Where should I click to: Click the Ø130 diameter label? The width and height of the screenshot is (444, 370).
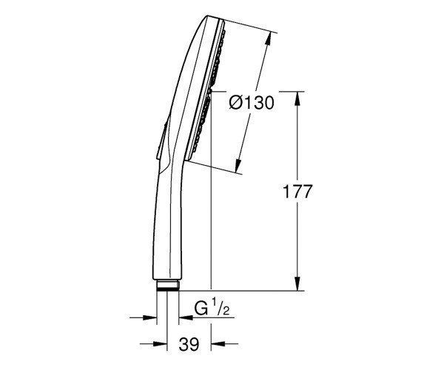(252, 102)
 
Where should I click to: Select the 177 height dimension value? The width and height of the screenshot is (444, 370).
(297, 192)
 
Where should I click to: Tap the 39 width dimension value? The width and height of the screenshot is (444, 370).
(189, 345)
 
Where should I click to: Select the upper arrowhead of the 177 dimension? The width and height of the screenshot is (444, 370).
(297, 98)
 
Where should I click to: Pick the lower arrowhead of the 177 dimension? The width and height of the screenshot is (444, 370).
(297, 283)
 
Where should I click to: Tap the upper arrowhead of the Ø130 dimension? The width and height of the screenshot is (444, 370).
(268, 38)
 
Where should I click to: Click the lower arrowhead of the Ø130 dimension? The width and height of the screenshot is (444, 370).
(239, 166)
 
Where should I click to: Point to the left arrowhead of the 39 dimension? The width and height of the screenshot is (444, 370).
(160, 344)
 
